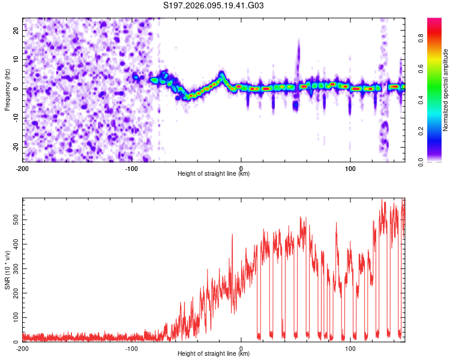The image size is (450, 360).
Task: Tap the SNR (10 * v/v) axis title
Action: [x=7, y=270]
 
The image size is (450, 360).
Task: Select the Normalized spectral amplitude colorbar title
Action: [x=446, y=90]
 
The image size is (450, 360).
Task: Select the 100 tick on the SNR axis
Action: [x=14, y=317]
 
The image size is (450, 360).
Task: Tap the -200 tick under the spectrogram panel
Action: [x=23, y=167]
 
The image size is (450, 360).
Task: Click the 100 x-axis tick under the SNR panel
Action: [x=350, y=347]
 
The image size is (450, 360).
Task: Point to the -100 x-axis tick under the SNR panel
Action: [x=132, y=347]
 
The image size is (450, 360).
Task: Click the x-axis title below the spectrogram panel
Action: [x=214, y=174]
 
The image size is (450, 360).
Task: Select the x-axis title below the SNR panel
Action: [x=214, y=354]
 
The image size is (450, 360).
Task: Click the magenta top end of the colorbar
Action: [x=434, y=22]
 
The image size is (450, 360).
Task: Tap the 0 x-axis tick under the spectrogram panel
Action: [x=241, y=167]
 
